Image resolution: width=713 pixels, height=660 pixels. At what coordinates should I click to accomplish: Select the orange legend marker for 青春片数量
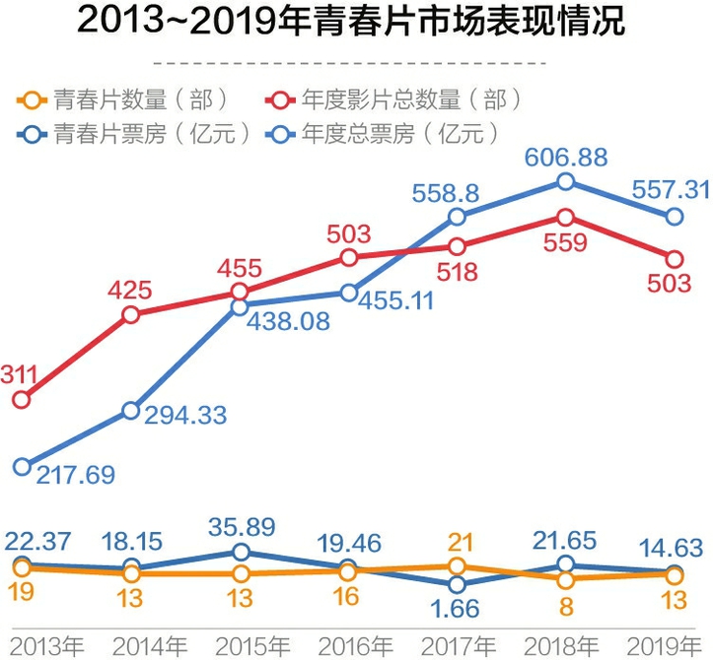click(31, 99)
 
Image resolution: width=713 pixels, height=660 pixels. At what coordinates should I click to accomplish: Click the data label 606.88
click(564, 156)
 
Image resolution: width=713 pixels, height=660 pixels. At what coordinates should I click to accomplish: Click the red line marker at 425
click(131, 315)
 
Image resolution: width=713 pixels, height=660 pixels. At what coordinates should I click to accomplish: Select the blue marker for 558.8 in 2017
click(457, 217)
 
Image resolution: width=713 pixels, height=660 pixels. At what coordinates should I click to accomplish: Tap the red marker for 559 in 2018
click(565, 217)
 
